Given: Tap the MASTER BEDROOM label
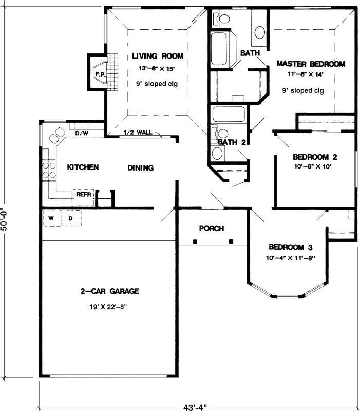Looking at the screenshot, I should pyautogui.click(x=310, y=64).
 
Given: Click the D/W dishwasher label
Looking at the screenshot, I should pyautogui.click(x=82, y=134).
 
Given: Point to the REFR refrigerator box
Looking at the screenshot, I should pyautogui.click(x=83, y=195).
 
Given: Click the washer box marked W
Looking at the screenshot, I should pyautogui.click(x=51, y=218).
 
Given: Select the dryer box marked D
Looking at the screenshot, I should pyautogui.click(x=70, y=218).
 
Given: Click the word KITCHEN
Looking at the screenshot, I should pyautogui.click(x=83, y=167).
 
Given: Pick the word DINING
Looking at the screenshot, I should pyautogui.click(x=141, y=167).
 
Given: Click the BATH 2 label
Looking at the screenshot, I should pyautogui.click(x=230, y=142).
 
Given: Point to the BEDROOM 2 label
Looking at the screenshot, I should pyautogui.click(x=315, y=157).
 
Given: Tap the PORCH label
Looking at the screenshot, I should pyautogui.click(x=212, y=228).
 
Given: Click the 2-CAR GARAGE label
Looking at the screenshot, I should pyautogui.click(x=109, y=291).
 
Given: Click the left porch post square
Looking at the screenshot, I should pyautogui.click(x=195, y=241).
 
